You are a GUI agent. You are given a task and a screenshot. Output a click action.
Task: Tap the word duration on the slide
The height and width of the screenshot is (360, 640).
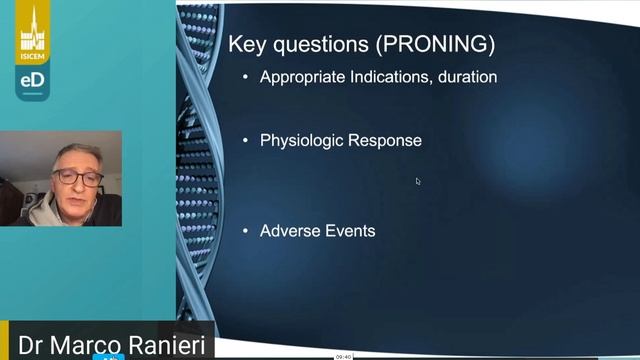[x=465, y=77]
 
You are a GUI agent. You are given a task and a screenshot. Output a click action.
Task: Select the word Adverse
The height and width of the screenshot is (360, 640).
[x=289, y=231]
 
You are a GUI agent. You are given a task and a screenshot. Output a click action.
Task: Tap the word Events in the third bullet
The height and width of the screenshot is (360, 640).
[x=349, y=231]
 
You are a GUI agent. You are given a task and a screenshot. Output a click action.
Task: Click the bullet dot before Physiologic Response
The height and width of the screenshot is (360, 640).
[x=245, y=141]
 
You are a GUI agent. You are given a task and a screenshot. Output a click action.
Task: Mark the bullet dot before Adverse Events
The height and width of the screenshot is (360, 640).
[x=245, y=231]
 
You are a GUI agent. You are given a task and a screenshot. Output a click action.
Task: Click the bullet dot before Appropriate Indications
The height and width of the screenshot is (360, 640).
[x=245, y=77]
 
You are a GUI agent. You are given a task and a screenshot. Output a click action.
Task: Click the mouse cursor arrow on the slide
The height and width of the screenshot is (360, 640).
[x=418, y=181]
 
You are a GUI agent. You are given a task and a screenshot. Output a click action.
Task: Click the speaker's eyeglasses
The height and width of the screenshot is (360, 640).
[x=78, y=178]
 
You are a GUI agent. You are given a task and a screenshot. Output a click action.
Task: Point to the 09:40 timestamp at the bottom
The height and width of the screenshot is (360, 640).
[x=343, y=356]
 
